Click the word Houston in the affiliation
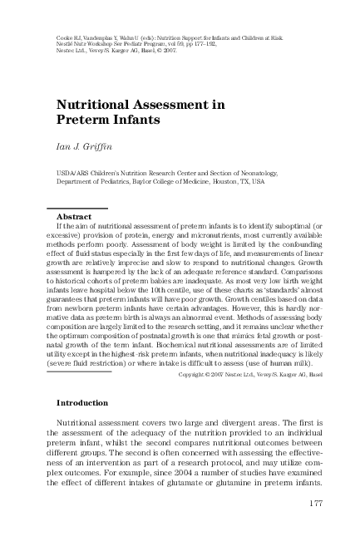254,181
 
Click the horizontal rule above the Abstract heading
76,207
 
